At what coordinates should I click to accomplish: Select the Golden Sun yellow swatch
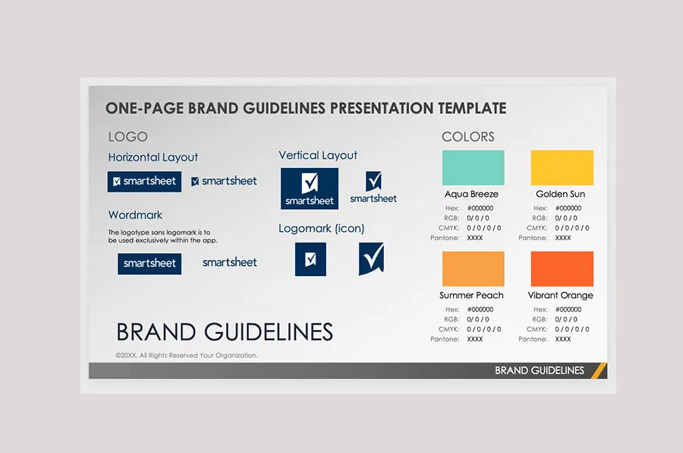click(562, 167)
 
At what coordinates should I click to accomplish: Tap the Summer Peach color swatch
click(473, 268)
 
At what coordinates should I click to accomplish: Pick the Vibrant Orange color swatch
click(562, 268)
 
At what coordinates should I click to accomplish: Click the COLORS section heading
click(468, 137)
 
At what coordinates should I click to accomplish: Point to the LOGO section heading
click(127, 137)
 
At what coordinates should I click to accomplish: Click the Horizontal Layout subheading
click(153, 157)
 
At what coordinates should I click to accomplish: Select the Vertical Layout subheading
click(318, 155)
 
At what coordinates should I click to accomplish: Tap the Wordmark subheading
click(135, 215)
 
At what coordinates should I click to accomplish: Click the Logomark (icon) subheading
click(321, 228)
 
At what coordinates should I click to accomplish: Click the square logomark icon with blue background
click(310, 259)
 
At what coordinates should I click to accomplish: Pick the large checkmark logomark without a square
click(372, 258)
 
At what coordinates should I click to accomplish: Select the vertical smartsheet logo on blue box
click(310, 188)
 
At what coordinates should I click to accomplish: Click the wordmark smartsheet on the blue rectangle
click(150, 264)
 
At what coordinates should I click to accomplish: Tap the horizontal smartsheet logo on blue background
click(144, 181)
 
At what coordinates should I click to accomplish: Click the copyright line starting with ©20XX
click(186, 355)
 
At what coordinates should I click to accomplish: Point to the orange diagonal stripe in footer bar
click(599, 370)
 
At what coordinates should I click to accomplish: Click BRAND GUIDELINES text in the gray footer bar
click(540, 371)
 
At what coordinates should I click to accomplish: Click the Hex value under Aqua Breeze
click(480, 208)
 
